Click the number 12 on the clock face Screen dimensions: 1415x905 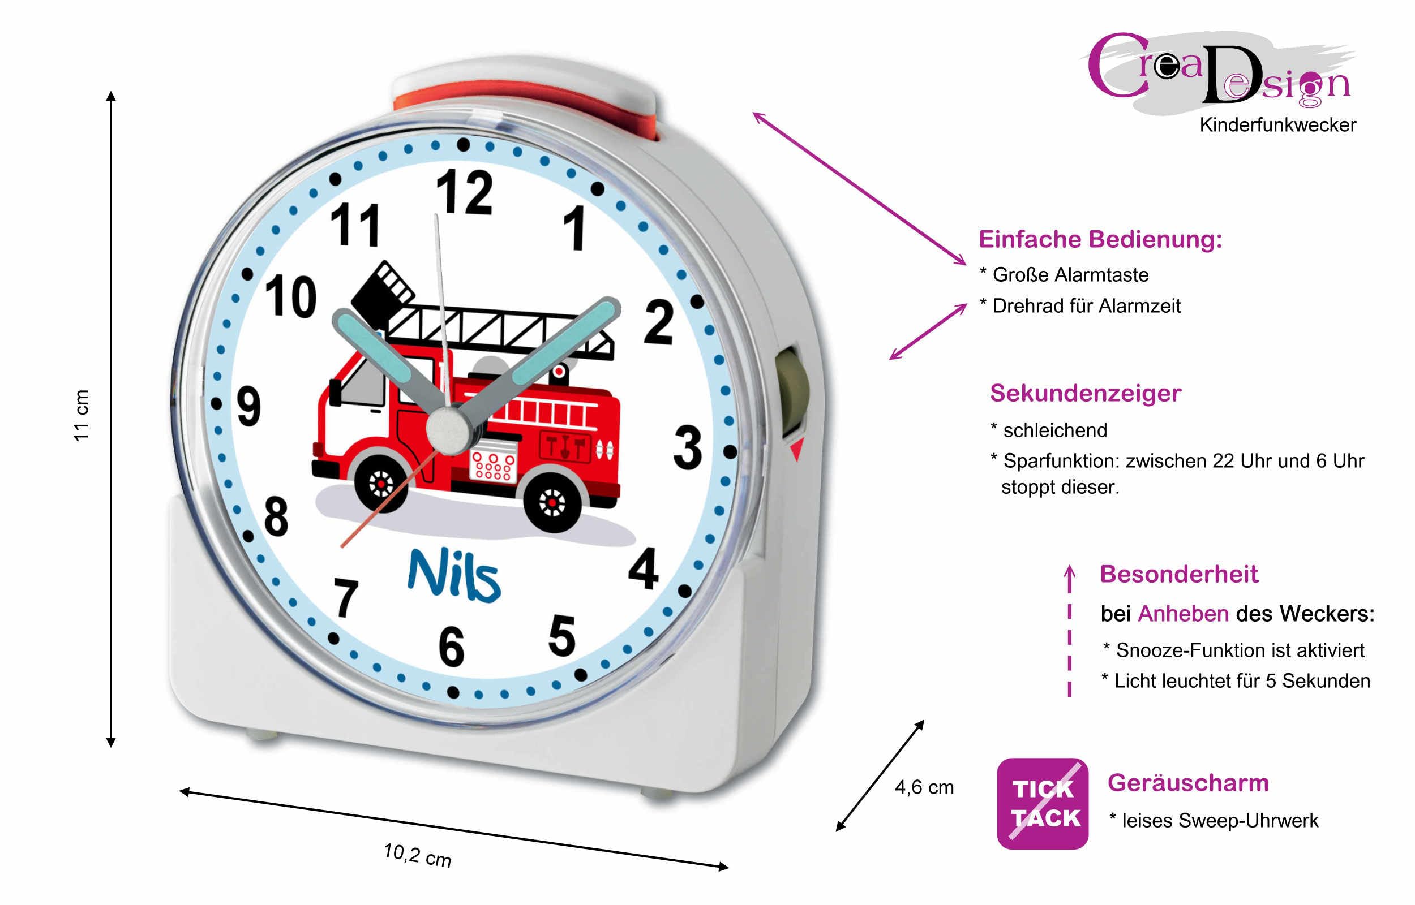[x=465, y=192]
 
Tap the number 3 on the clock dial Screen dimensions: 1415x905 [x=688, y=448]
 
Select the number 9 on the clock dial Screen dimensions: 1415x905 [x=248, y=407]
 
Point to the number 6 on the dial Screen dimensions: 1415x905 [x=452, y=647]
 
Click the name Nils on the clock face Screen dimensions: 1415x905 [x=454, y=576]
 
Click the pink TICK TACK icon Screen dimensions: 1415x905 [x=1043, y=803]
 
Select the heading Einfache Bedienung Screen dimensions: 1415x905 [x=1100, y=240]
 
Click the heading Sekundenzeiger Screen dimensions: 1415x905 [x=1085, y=394]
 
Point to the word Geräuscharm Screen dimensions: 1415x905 [x=1188, y=783]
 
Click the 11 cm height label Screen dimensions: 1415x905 [x=80, y=415]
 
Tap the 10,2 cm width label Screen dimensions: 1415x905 [x=417, y=855]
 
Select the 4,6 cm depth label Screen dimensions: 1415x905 [x=924, y=787]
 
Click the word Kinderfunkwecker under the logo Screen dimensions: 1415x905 [x=1277, y=125]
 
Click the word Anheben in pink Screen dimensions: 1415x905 [x=1183, y=614]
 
